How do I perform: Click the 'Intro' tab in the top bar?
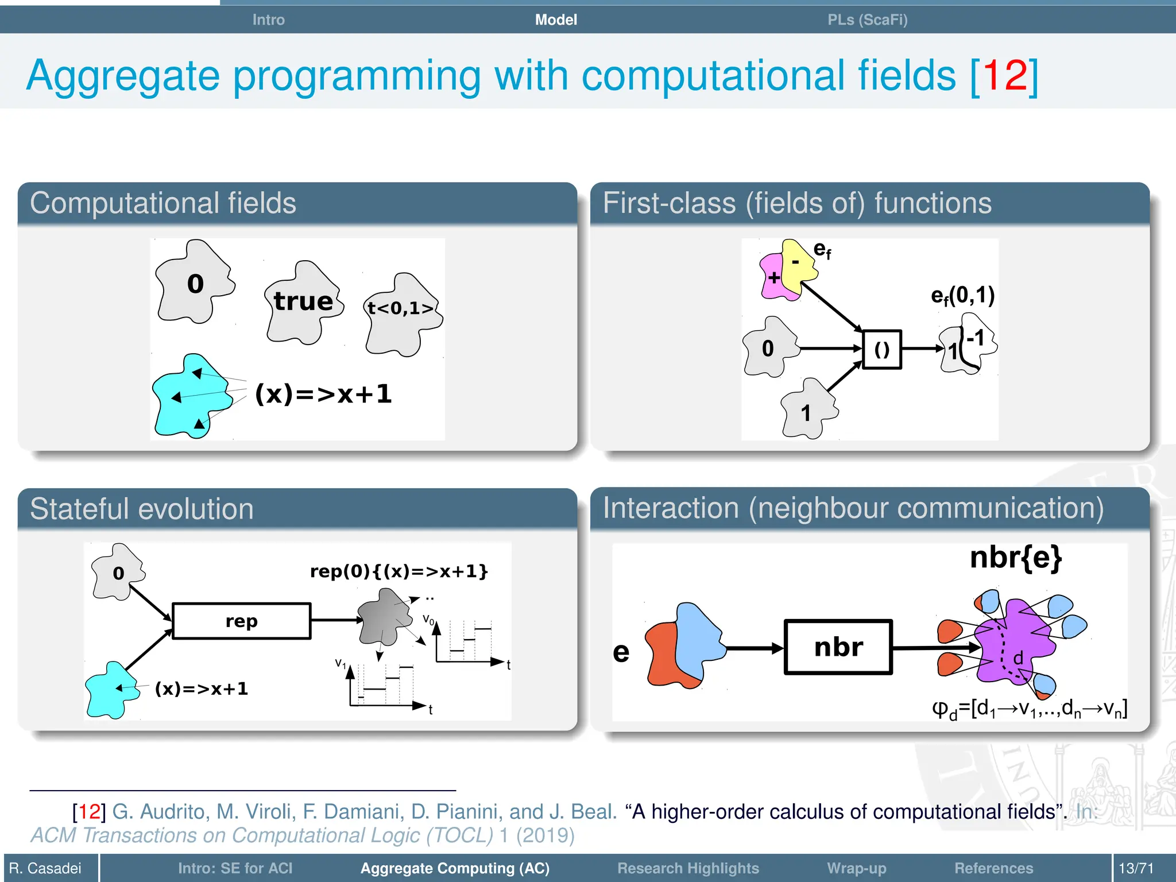point(268,20)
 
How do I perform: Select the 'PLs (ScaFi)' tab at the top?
point(867,20)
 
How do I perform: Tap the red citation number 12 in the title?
point(1004,75)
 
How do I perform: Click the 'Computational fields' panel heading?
point(163,203)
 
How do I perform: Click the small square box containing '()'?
point(881,349)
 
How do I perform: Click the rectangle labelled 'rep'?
point(241,621)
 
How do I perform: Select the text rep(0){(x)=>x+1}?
point(399,571)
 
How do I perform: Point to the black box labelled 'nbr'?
point(838,647)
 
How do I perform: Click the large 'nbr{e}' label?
point(1015,558)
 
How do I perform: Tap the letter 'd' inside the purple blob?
point(1018,658)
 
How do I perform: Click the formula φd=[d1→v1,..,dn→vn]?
point(1028,709)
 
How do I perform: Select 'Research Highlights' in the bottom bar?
point(688,868)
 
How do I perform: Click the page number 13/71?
point(1135,868)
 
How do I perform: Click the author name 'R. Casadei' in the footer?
point(45,868)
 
